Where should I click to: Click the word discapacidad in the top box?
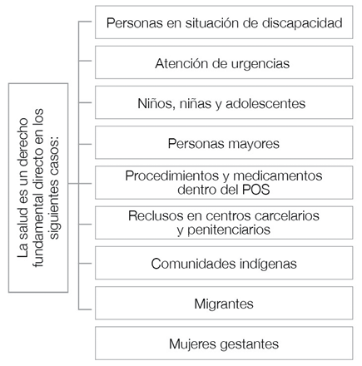[302, 22]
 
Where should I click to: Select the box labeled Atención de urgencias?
[224, 62]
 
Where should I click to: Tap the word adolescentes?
[265, 104]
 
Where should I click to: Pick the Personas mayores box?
[224, 142]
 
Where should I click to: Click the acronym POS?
[255, 190]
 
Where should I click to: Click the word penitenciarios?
[224, 230]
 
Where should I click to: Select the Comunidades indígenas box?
[224, 263]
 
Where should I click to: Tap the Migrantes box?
[224, 303]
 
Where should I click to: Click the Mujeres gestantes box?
[224, 344]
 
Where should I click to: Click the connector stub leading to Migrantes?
[85, 309]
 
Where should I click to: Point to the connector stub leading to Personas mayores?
[85, 144]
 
